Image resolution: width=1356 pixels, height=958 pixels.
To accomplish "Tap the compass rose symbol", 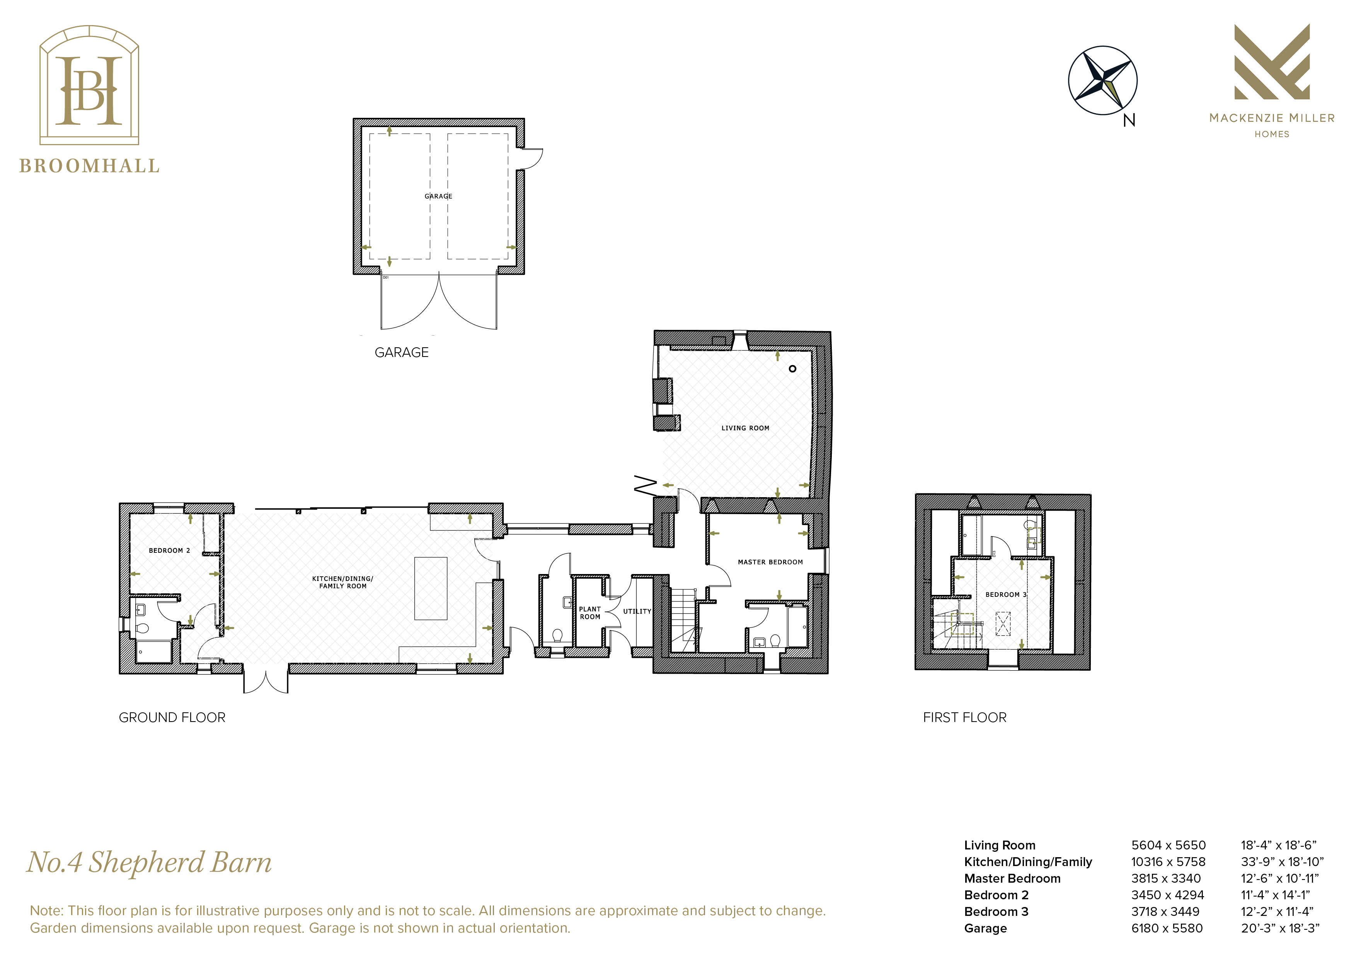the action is (1103, 80).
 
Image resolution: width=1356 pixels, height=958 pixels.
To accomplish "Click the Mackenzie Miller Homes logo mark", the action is (1272, 62).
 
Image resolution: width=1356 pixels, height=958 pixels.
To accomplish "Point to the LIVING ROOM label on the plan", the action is (745, 428).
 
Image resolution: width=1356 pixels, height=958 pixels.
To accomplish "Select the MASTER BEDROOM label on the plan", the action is (770, 562).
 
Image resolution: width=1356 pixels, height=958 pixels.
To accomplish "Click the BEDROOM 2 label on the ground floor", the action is (169, 550).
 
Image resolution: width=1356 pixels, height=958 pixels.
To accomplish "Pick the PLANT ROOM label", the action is (590, 613).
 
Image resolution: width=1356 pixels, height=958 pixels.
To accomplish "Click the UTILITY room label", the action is (637, 611).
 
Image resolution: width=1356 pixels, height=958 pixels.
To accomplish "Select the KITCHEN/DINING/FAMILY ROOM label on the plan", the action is (342, 582).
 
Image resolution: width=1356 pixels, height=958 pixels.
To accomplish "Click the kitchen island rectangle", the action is (431, 588).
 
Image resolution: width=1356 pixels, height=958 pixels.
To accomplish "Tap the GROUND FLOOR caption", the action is (172, 718).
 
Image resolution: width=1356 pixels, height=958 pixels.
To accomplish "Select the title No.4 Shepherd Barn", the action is (150, 862).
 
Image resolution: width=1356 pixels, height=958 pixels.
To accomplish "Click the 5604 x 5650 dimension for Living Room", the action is (1168, 845).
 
